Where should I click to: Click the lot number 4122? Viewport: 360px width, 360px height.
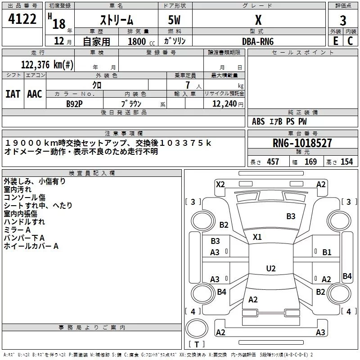[22, 19]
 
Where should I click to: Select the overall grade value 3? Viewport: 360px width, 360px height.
[343, 21]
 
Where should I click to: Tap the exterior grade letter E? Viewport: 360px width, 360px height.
[336, 41]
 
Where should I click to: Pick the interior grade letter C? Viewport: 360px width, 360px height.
[350, 41]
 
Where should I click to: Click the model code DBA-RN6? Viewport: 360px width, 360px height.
[258, 41]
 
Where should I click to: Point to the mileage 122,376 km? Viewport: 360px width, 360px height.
[47, 64]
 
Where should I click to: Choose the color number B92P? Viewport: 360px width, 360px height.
[74, 104]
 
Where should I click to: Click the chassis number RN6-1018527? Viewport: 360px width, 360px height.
[302, 143]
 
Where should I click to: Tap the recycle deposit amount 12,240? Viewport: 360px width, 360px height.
[224, 104]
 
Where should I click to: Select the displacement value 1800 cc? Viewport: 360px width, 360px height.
[141, 41]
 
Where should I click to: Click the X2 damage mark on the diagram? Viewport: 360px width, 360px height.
[220, 184]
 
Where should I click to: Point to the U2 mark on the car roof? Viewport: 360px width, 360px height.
[271, 268]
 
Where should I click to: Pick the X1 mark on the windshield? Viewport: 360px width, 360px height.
[257, 237]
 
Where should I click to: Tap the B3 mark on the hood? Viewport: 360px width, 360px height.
[291, 216]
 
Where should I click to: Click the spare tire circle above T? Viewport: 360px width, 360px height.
[197, 328]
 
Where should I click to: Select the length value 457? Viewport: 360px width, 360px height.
[273, 162]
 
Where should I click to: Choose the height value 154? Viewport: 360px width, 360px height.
[346, 162]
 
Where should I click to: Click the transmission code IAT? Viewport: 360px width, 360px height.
[13, 94]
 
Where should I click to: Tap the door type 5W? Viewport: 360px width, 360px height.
[174, 20]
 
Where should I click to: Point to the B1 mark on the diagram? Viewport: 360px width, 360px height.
[327, 252]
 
